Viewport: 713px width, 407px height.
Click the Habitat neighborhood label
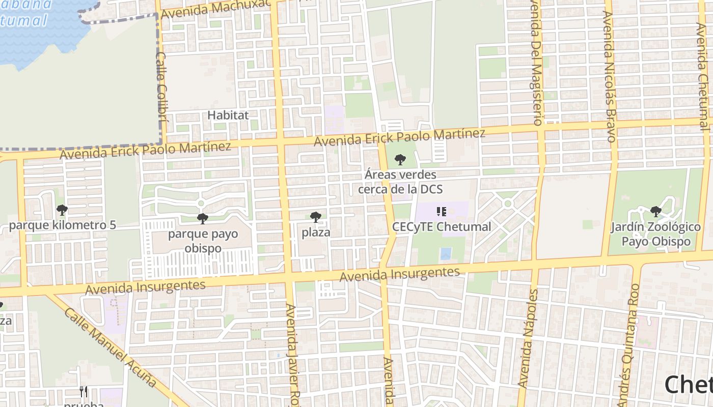coord(228,115)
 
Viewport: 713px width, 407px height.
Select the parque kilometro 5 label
coord(63,225)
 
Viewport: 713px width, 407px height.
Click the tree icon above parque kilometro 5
coord(62,210)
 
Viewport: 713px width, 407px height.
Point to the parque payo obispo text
coord(203,241)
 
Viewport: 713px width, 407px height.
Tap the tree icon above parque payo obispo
coord(203,219)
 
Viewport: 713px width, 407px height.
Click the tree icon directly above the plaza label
coord(316,217)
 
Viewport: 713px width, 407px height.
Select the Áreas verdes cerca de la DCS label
coord(400,182)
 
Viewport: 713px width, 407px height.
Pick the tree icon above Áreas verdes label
coord(400,160)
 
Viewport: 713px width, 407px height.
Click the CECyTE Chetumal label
coord(442,227)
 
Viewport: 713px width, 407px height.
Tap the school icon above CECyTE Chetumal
coord(442,211)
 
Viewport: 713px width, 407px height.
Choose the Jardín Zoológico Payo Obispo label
coord(656,234)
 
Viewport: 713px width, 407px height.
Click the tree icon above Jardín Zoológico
coord(656,211)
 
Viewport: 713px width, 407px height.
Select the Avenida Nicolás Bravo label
coord(610,76)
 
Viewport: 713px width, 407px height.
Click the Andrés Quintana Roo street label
coord(629,351)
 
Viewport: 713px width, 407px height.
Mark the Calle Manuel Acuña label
coord(109,345)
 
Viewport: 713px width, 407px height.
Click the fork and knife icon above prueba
coord(84,392)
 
